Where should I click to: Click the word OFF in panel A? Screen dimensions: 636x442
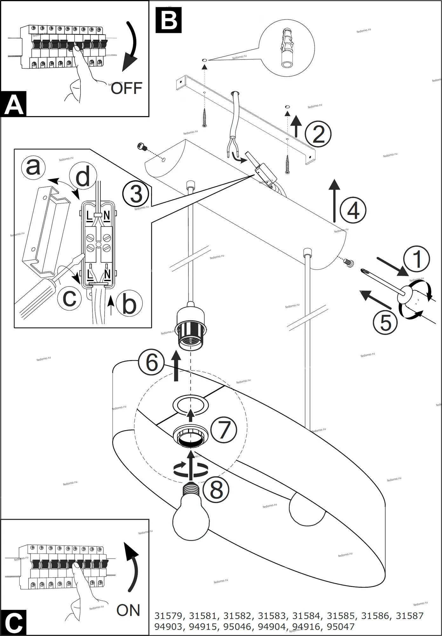click(126, 88)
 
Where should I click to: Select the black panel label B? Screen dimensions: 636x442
click(168, 20)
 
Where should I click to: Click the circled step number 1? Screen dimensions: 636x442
click(417, 259)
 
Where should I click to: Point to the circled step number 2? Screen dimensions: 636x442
click(318, 134)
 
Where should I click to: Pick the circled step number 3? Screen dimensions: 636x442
click(136, 194)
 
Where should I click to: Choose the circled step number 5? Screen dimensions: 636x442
click(385, 322)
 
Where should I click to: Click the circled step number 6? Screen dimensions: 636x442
click(152, 363)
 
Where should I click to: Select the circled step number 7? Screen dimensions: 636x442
click(224, 430)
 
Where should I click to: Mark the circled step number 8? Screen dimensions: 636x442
click(216, 490)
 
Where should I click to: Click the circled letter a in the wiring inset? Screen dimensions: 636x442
click(33, 167)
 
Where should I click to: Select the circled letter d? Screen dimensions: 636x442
click(83, 177)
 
